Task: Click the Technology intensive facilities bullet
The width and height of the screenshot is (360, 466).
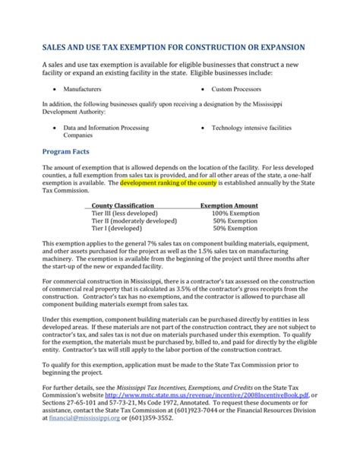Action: (251, 129)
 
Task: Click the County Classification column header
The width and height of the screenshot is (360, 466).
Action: (123, 206)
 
